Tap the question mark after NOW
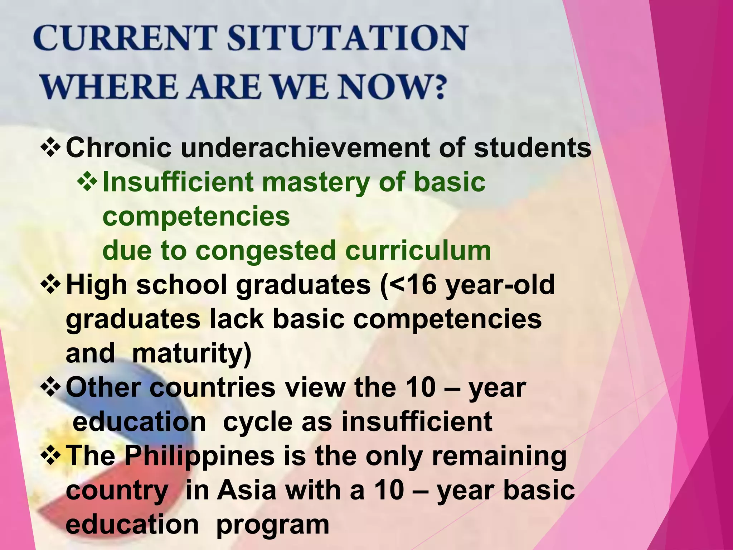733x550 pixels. coord(436,87)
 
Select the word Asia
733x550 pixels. coord(247,490)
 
